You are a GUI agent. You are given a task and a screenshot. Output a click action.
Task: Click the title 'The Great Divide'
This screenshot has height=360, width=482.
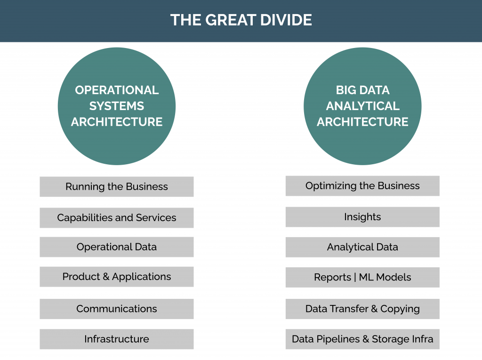241,20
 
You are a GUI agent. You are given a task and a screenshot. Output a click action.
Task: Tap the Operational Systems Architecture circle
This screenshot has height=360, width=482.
117,106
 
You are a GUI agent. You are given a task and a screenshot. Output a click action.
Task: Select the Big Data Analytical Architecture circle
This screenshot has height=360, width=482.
362,106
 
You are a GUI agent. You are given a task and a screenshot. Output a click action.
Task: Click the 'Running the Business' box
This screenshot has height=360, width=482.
117,187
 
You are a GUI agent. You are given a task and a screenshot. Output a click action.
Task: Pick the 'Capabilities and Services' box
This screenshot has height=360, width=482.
117,218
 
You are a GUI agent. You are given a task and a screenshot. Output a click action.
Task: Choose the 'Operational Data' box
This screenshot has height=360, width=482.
117,247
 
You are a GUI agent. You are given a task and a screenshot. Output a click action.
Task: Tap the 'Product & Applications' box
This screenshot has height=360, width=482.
117,277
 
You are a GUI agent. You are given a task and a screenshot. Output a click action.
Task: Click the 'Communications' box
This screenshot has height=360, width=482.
117,309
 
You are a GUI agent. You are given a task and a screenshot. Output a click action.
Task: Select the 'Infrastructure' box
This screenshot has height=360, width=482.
117,339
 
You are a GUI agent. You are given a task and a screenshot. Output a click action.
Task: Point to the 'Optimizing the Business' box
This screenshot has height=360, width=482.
362,186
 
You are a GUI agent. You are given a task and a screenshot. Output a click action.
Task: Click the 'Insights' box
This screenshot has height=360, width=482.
362,217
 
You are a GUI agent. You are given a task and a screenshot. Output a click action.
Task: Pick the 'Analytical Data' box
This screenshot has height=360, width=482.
362,247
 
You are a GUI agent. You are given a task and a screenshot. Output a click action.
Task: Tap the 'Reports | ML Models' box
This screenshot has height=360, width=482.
362,278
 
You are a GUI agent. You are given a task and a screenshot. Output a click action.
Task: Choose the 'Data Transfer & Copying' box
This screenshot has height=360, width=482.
362,309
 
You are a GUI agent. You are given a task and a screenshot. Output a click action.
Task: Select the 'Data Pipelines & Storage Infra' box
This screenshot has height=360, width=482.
362,339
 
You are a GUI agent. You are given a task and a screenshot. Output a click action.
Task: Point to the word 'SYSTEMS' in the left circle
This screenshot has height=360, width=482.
117,106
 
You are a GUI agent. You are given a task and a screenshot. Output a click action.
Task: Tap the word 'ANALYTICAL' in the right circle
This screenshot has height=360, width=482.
362,106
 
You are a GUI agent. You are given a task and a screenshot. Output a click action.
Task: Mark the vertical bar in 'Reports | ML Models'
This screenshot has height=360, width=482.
355,278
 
